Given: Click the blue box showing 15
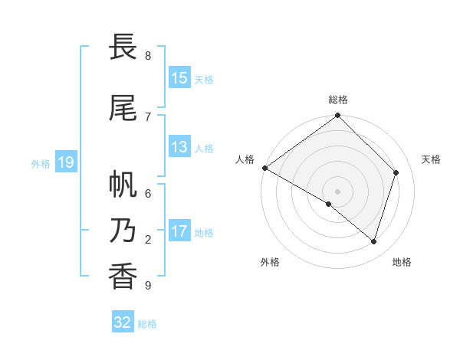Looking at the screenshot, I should coord(179,78).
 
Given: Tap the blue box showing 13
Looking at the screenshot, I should coord(179,147).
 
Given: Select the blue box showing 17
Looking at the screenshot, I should coord(179,231).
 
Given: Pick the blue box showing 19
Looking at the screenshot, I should coord(65,162).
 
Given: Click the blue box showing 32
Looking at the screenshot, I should coord(123,322).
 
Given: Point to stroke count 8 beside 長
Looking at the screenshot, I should coord(148,56).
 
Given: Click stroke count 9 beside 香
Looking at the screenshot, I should coord(148,286).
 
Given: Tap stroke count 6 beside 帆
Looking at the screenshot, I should coord(148,194).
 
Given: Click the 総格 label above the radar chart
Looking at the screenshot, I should coord(338,100).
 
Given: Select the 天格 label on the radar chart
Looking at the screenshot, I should coord(431,159).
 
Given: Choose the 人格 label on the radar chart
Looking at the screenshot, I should coord(245,159).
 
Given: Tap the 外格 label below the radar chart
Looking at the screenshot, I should coord(270,262).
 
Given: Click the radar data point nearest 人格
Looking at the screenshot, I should coord(264,168).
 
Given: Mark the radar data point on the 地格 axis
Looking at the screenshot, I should coord(374,241).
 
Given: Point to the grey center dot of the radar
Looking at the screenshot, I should coord(337,191).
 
